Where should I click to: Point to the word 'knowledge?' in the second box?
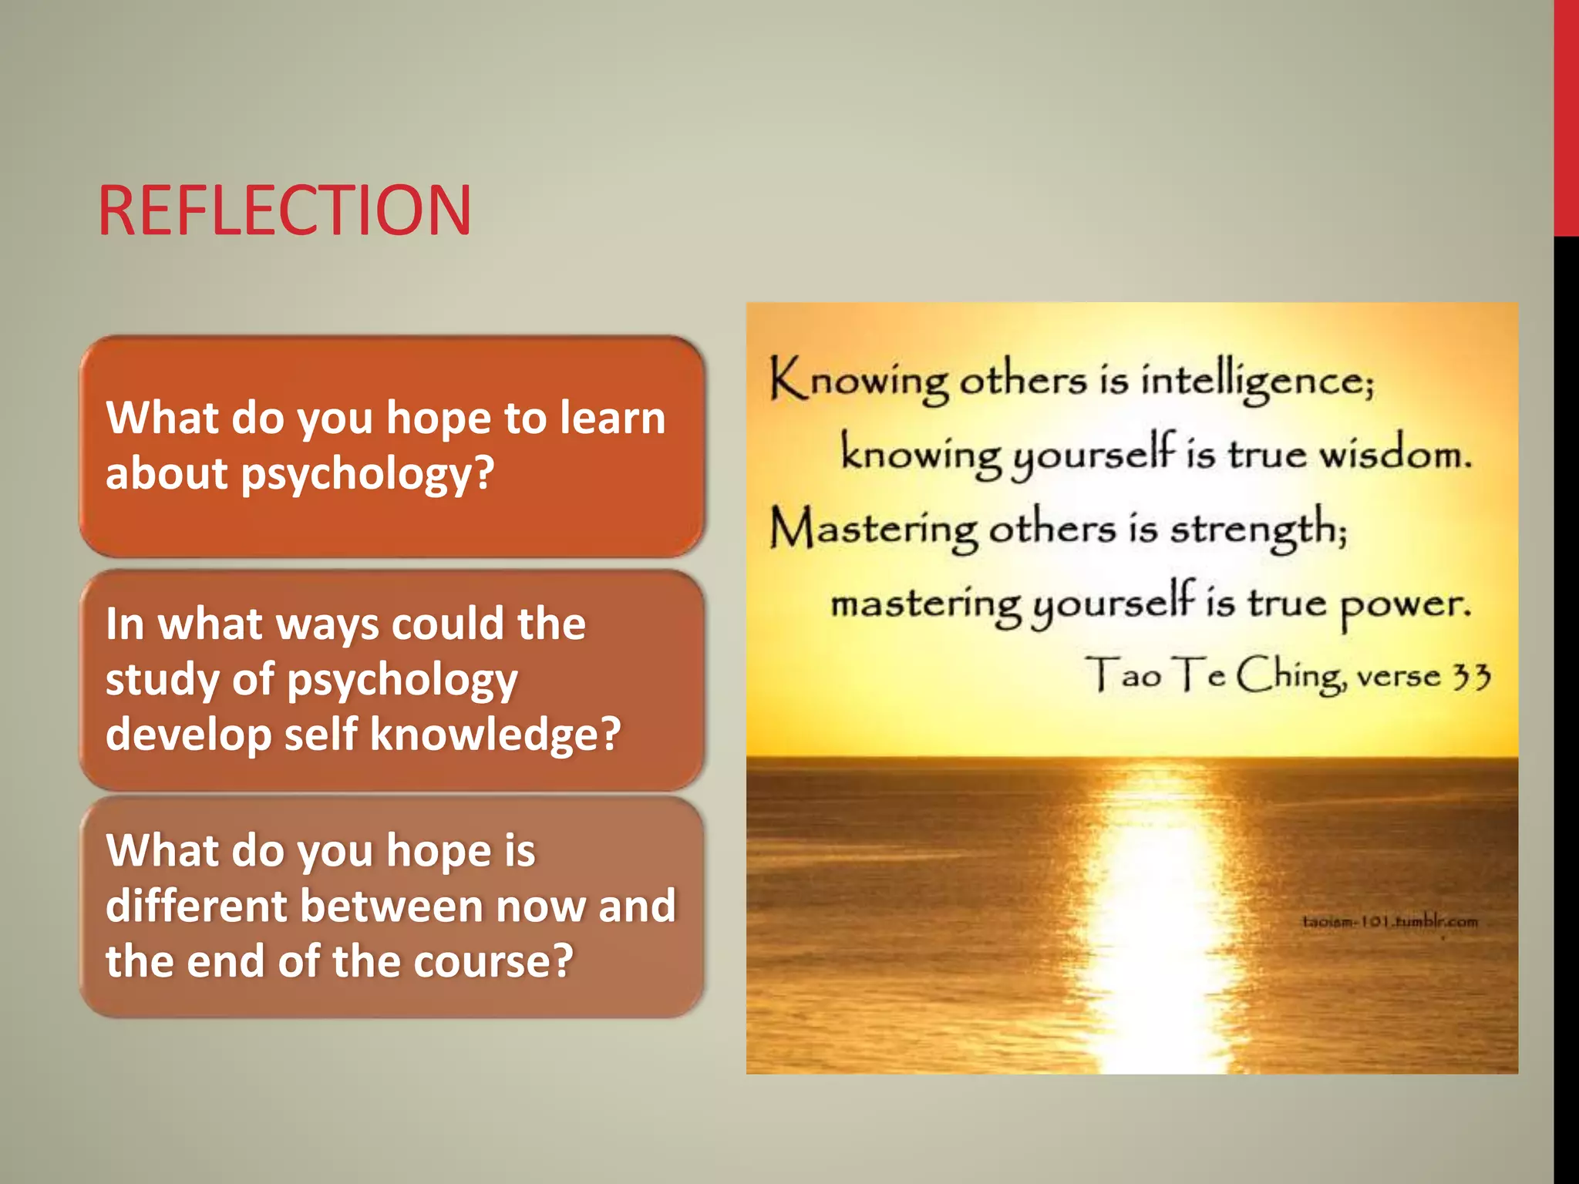(495, 734)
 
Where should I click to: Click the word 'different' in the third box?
(196, 906)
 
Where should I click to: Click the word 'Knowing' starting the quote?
(858, 380)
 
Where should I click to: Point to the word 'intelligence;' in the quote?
(1257, 380)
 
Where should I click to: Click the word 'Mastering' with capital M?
(874, 529)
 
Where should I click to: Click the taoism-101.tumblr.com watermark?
(1389, 921)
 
